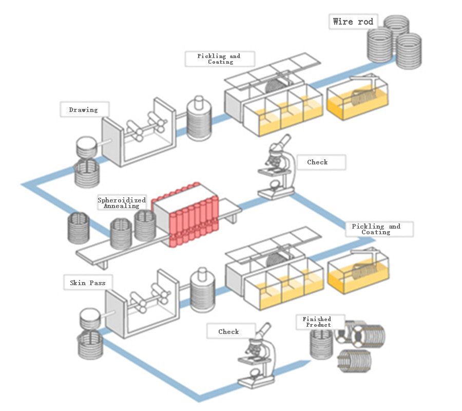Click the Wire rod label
353,22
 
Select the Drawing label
83,109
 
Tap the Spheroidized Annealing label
122,203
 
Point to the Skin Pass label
88,283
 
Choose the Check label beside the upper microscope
317,162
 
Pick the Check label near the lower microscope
228,332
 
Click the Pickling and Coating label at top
219,59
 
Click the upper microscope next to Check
277,167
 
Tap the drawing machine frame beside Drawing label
139,136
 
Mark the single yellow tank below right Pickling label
358,273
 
